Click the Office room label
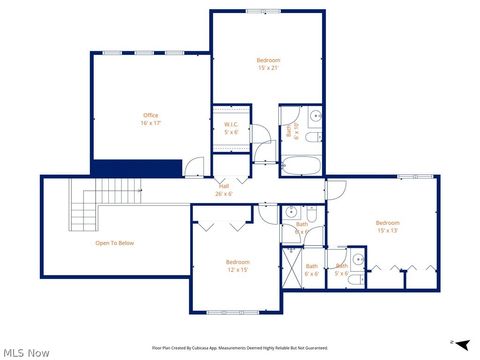151,119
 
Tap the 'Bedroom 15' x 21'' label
268,64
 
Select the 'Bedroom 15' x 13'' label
387,226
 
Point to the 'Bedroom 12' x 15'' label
238,266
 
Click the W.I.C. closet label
230,128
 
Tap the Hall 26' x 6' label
225,190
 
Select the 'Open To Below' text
115,243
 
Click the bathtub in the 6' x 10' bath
300,167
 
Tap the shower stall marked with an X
293,267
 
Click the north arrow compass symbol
461,344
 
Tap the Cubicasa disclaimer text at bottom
240,348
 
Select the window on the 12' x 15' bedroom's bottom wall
231,313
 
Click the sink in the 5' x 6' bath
357,262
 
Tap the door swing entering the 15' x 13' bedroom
337,188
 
